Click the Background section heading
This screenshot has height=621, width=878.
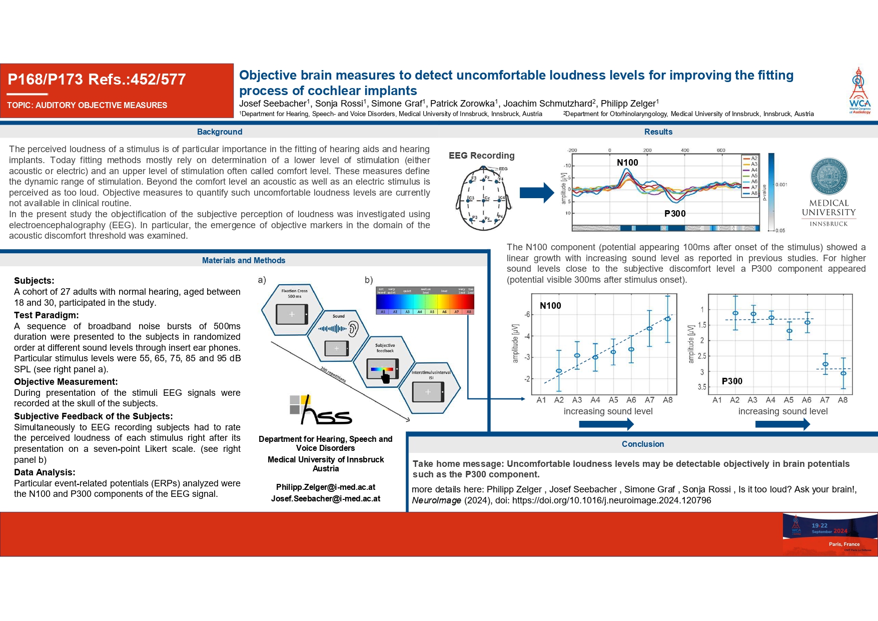pyautogui.click(x=220, y=132)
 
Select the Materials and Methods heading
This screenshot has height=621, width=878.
pyautogui.click(x=244, y=260)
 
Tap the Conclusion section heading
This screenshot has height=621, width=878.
pyautogui.click(x=643, y=444)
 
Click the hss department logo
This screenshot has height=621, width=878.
pyautogui.click(x=320, y=410)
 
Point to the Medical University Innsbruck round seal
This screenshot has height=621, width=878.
pyautogui.click(x=828, y=177)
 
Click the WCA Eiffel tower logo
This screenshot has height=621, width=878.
pyautogui.click(x=859, y=90)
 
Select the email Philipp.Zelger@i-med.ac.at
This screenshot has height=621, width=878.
pyautogui.click(x=326, y=487)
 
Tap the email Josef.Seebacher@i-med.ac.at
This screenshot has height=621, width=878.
pyautogui.click(x=326, y=498)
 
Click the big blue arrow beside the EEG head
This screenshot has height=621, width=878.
pyautogui.click(x=537, y=193)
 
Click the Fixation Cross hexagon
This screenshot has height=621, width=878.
pyautogui.click(x=293, y=309)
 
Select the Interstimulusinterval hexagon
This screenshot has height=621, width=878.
pyautogui.click(x=429, y=388)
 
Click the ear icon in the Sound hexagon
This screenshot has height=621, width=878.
pyautogui.click(x=353, y=329)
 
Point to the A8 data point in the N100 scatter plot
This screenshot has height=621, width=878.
pyautogui.click(x=667, y=319)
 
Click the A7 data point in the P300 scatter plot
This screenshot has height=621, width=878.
pyautogui.click(x=825, y=364)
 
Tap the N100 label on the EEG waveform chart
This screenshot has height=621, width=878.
pyautogui.click(x=627, y=163)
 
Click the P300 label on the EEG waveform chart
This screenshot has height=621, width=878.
pyautogui.click(x=675, y=214)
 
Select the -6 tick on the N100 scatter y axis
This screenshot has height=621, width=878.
pyautogui.click(x=527, y=315)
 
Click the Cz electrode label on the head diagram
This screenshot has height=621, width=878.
pyautogui.click(x=487, y=198)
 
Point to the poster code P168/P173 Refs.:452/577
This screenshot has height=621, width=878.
pyautogui.click(x=97, y=79)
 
